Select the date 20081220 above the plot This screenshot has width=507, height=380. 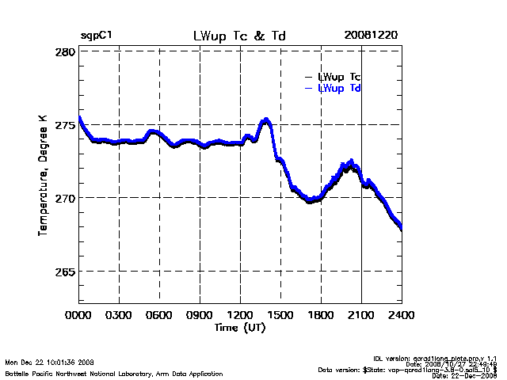click(x=371, y=36)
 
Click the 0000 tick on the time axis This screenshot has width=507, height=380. click(x=79, y=314)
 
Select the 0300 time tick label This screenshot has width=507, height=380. click(x=120, y=314)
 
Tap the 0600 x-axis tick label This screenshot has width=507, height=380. click(x=160, y=314)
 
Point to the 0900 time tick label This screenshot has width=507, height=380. click(x=200, y=314)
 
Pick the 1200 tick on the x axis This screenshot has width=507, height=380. click(x=241, y=314)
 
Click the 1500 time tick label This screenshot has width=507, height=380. click(x=281, y=314)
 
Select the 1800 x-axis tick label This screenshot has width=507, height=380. click(x=322, y=314)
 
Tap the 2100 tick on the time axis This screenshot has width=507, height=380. click(x=361, y=314)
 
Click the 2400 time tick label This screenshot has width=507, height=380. click(x=401, y=314)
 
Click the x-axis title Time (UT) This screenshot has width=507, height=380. click(x=240, y=326)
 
